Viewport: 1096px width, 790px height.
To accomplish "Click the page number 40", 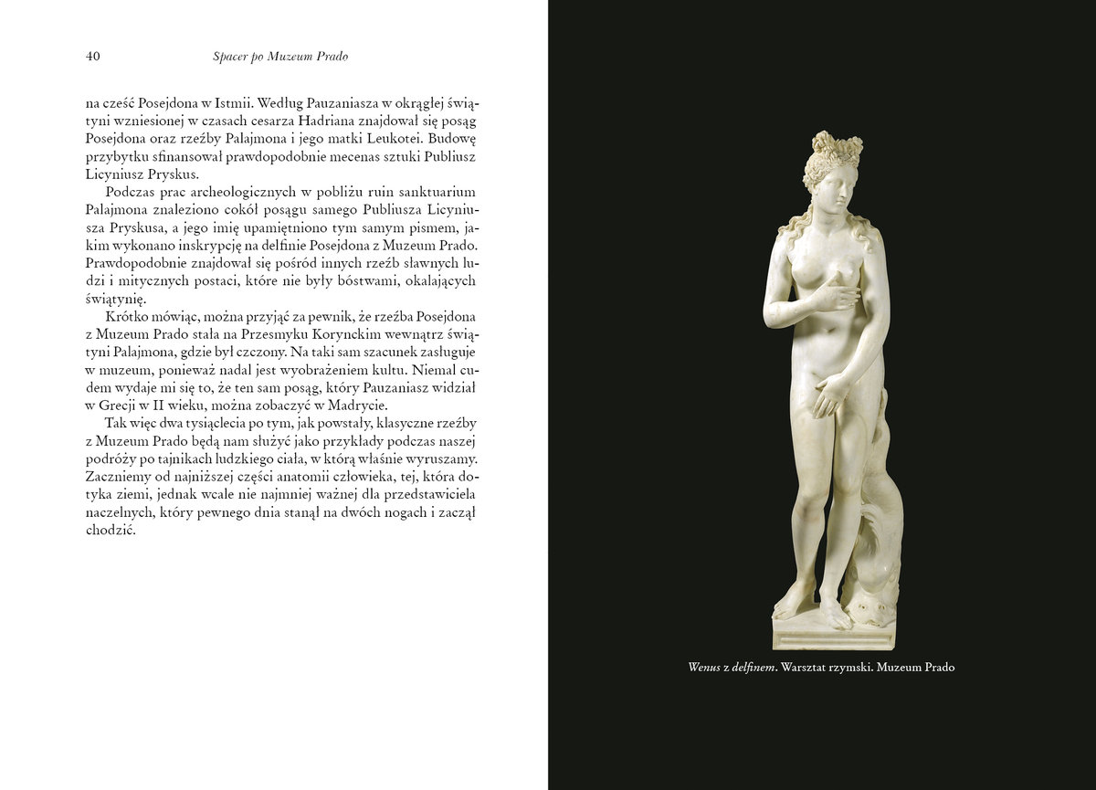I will (x=92, y=57).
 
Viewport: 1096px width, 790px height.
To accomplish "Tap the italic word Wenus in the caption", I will (x=706, y=667).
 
